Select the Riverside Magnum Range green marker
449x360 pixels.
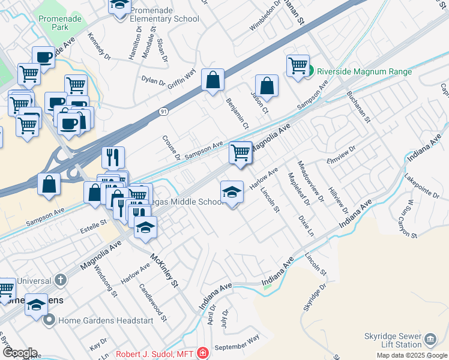pyautogui.click(x=310, y=72)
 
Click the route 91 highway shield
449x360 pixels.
pyautogui.click(x=164, y=112)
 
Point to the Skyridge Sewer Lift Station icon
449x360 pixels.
pyautogui.click(x=429, y=339)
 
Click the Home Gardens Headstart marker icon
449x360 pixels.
pyautogui.click(x=49, y=320)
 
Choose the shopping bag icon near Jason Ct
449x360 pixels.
pyautogui.click(x=267, y=86)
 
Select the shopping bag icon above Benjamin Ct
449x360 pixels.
pyautogui.click(x=212, y=79)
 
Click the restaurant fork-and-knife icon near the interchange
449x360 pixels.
pyautogui.click(x=113, y=157)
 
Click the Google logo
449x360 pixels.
pyautogui.click(x=20, y=353)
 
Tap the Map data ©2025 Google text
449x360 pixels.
pyautogui.click(x=412, y=355)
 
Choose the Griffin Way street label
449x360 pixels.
pyautogui.click(x=182, y=79)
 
